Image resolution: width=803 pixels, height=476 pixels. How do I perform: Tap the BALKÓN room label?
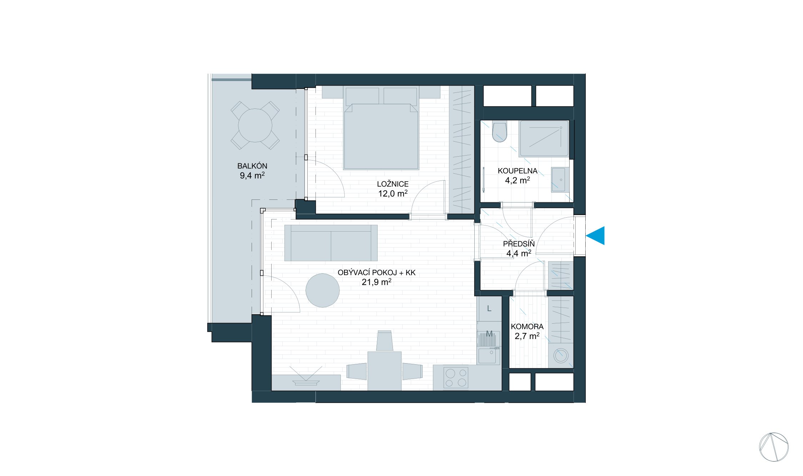click(252, 166)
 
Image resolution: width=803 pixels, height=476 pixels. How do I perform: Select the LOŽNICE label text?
click(393, 184)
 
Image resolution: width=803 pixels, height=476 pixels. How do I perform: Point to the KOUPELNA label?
click(517, 171)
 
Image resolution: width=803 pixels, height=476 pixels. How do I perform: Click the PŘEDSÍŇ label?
click(519, 244)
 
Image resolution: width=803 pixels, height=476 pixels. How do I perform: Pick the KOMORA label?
click(527, 326)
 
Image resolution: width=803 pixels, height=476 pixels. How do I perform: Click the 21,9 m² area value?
click(376, 282)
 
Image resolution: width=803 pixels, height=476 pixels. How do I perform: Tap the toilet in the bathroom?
click(499, 132)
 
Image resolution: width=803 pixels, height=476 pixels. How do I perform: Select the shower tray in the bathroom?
click(544, 138)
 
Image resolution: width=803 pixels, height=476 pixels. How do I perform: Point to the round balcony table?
click(255, 125)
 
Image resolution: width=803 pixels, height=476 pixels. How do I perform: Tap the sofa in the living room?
click(330, 243)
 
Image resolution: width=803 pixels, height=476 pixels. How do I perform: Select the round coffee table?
click(322, 290)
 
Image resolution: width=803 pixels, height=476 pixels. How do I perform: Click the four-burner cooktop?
click(456, 378)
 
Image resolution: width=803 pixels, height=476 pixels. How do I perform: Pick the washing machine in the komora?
click(560, 355)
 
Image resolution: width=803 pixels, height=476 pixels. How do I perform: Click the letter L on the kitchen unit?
click(489, 309)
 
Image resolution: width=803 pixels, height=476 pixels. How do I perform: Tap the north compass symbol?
click(773, 447)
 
